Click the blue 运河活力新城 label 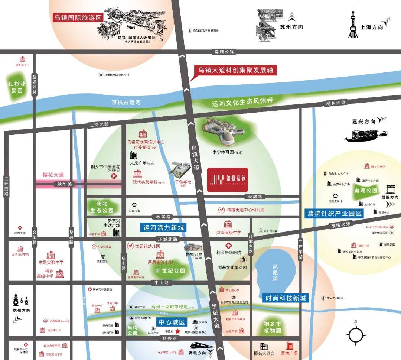pos(163,227)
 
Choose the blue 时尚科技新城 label pos(286,298)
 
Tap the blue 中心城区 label pos(171,322)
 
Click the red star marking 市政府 pos(178,331)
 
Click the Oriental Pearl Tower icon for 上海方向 pos(353,24)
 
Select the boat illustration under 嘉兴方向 pos(365,136)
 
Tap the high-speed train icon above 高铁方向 pos(200,347)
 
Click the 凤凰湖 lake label pos(275,272)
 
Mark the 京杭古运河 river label pos(126,103)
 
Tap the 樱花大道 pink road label pos(53,175)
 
